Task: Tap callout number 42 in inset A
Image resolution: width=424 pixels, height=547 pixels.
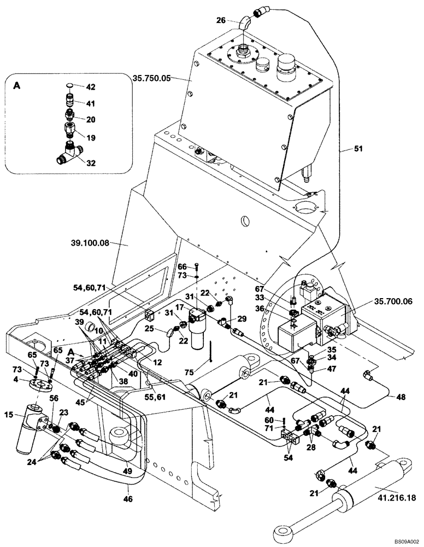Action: [91, 86]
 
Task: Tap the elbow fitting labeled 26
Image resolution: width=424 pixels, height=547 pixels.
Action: [245, 23]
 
